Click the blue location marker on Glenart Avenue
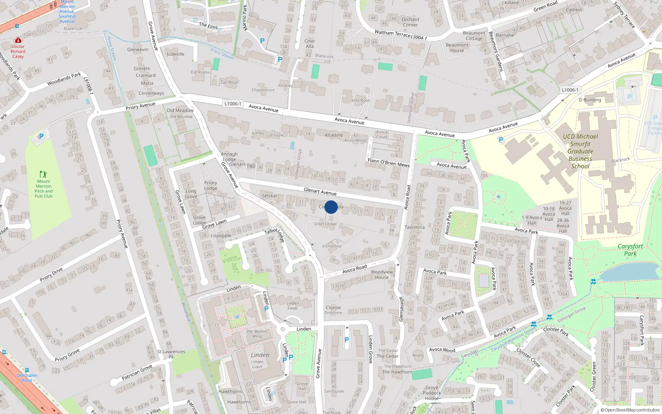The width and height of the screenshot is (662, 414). pos(331,207)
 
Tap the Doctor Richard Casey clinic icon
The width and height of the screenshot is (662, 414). pos(18,41)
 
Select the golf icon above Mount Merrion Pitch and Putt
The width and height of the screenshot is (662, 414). pos(43,174)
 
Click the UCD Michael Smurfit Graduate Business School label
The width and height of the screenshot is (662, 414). pos(580,151)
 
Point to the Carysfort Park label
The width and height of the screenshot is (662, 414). pos(630,250)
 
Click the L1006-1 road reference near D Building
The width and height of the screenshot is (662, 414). pos(570,90)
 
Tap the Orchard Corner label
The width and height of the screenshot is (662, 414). pos(410,22)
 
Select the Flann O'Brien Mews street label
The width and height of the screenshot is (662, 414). pos(389,162)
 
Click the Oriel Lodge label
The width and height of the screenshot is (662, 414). pos(325,224)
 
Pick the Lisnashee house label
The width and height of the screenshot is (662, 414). pos(332,246)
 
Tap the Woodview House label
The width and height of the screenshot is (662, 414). pos(381,274)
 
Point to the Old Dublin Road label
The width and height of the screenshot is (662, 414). pos(27,378)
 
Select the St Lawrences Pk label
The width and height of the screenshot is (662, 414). pos(171,354)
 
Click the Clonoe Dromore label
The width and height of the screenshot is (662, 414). pos(333,310)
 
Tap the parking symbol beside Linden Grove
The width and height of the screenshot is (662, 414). pos(347,340)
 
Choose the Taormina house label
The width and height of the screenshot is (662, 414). pos(415,227)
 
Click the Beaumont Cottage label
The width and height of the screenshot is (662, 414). pos(474,36)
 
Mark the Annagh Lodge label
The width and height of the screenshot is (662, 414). pos(229,156)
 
